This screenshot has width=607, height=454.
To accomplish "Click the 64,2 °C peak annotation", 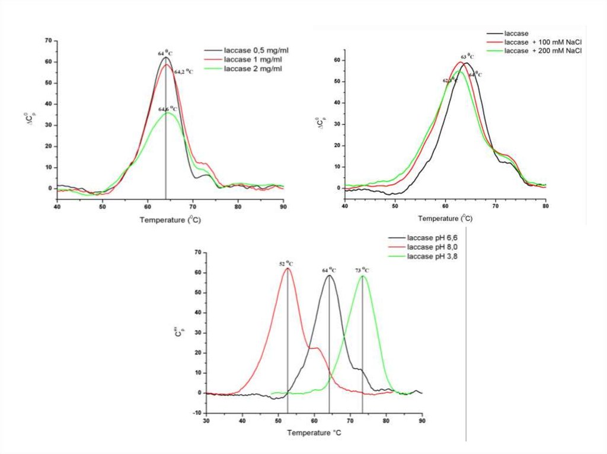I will click(x=183, y=72).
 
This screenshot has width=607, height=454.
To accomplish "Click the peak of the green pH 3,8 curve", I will click(x=363, y=276).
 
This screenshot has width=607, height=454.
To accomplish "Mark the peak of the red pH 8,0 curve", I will click(x=287, y=269).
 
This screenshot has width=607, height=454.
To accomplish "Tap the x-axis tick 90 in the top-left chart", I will click(x=283, y=208).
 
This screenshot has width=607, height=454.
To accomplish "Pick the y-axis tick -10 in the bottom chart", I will click(x=197, y=413).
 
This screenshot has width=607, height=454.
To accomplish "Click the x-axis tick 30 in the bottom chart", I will click(x=206, y=421).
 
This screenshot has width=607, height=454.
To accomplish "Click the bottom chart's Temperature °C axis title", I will click(x=314, y=433).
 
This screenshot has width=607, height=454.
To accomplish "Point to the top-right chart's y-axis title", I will click(x=321, y=123).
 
